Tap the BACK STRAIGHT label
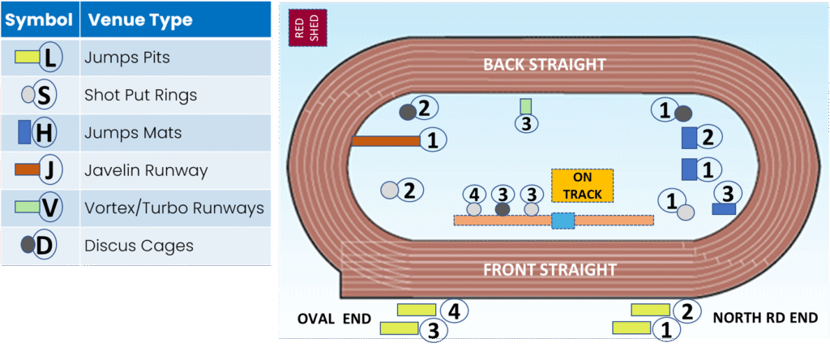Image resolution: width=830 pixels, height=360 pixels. (x=545, y=65)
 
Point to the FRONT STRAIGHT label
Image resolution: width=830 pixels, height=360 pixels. (x=550, y=270)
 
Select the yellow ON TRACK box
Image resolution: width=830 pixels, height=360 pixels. (x=582, y=186)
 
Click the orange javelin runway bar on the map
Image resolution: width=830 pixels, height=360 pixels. (x=385, y=141)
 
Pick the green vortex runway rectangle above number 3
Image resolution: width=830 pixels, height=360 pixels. (x=526, y=105)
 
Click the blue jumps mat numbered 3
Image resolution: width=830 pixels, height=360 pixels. (x=723, y=208)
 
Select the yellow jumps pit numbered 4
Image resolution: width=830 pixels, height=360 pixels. (x=417, y=310)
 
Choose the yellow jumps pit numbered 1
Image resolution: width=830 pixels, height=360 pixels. (x=633, y=328)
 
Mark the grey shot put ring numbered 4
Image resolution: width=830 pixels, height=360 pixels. (x=474, y=209)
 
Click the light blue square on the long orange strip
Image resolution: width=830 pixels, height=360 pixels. (x=563, y=221)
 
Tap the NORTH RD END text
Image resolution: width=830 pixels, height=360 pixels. (x=765, y=318)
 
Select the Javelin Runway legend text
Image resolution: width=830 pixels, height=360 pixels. (x=146, y=171)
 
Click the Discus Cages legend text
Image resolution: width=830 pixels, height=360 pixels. (x=139, y=246)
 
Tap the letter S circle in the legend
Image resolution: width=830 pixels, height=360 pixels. (x=44, y=96)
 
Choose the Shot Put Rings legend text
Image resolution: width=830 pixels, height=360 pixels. (x=140, y=96)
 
